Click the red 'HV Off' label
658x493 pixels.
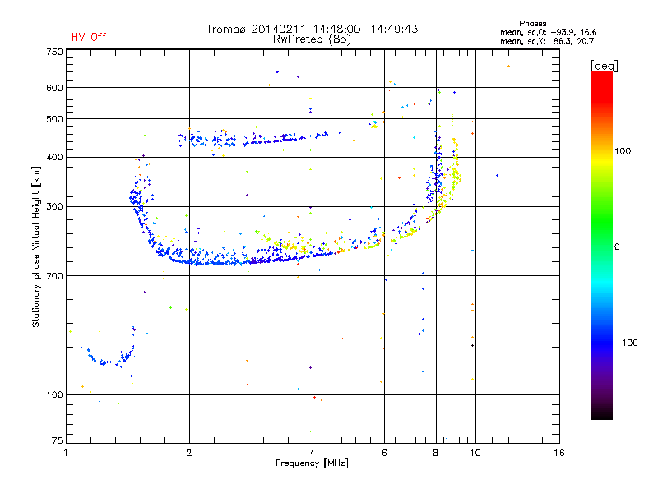point(89,37)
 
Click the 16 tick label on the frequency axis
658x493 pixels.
point(559,454)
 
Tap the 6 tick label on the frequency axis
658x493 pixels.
point(384,454)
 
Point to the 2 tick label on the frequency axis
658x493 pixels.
point(189,454)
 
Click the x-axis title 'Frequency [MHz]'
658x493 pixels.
point(312,463)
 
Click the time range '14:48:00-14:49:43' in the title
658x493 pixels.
point(371,29)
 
